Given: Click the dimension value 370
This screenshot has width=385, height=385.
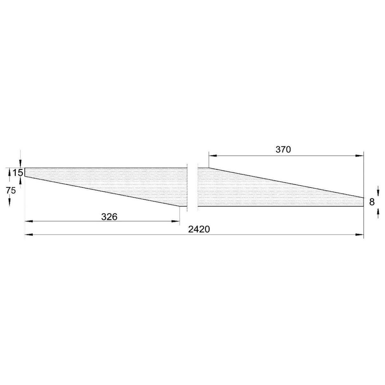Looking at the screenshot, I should (x=283, y=150).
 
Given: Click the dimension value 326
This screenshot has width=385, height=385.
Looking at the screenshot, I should (x=109, y=217).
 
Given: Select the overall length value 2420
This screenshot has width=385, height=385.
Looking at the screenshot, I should (x=199, y=229).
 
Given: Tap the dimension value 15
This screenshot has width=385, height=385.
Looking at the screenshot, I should (x=18, y=173).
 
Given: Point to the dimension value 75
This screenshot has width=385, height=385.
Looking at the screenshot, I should (x=10, y=190).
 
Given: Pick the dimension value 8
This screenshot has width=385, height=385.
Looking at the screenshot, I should (x=372, y=202).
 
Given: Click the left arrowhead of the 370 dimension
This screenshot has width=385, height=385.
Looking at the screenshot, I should (x=212, y=155).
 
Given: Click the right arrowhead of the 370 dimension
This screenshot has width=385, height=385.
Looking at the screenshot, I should (x=360, y=155).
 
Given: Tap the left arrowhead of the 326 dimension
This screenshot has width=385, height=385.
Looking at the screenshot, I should (x=29, y=221).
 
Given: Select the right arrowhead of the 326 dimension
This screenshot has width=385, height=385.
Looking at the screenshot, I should (x=176, y=221).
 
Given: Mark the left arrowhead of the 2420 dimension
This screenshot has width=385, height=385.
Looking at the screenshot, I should (x=29, y=235).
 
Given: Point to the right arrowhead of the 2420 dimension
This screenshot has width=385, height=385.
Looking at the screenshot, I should (x=360, y=235).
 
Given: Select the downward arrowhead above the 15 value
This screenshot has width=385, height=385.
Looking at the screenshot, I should (x=21, y=164).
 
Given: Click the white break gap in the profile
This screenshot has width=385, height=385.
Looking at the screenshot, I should (x=192, y=187).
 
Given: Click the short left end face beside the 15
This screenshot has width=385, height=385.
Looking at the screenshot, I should (x=25, y=173).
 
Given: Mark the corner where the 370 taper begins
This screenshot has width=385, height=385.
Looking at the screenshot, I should (x=209, y=168).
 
